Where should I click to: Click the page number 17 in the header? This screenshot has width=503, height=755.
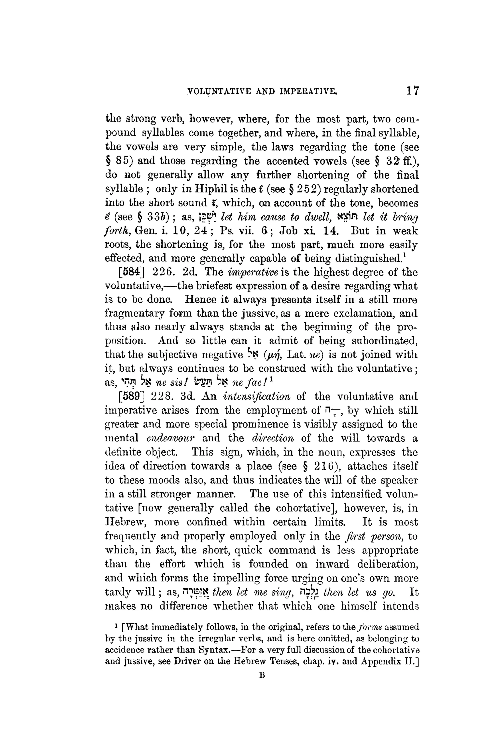tap(412, 91)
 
